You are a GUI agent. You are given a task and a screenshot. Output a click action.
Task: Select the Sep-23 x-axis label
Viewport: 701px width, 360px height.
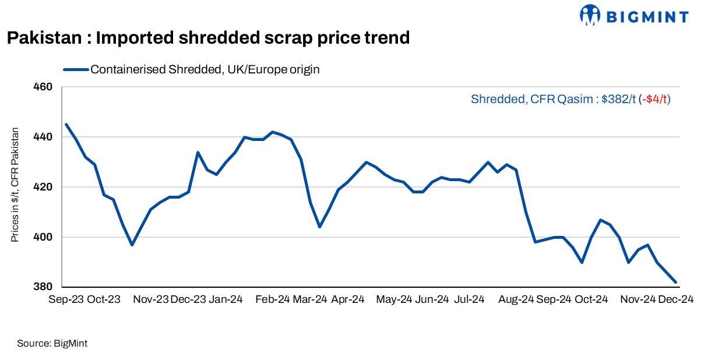pyautogui.click(x=65, y=299)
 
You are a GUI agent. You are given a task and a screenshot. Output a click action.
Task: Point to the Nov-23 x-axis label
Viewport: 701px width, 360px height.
pyautogui.click(x=150, y=299)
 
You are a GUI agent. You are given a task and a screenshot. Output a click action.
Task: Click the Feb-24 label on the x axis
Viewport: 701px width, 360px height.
pyautogui.click(x=272, y=299)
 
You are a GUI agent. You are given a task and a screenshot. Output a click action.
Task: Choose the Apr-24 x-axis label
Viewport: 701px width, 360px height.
pyautogui.click(x=347, y=299)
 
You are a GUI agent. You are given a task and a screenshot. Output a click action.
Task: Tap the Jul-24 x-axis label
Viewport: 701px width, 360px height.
pyautogui.click(x=469, y=299)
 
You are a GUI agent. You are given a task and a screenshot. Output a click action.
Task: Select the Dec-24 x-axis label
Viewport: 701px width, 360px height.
pyautogui.click(x=675, y=299)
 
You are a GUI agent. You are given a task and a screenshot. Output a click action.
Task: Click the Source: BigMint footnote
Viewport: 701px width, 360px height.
pyautogui.click(x=52, y=344)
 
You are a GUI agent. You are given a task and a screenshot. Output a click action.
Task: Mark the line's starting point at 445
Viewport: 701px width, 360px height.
pyautogui.click(x=66, y=124)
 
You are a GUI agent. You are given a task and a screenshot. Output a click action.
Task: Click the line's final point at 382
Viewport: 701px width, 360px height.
pyautogui.click(x=675, y=282)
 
